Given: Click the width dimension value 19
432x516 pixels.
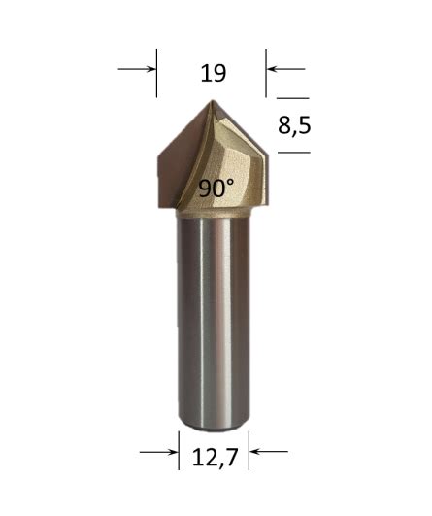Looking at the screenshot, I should click(x=212, y=73).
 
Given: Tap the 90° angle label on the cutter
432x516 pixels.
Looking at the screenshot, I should click(x=216, y=189).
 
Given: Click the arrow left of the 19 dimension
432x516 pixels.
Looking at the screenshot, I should click(x=137, y=69).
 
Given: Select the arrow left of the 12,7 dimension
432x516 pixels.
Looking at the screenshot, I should click(x=159, y=451).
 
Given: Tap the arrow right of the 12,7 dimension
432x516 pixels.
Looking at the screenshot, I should click(x=269, y=451).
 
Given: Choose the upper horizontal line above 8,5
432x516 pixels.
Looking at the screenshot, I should click(x=292, y=98).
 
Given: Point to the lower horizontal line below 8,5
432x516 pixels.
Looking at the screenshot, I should click(x=292, y=153).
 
